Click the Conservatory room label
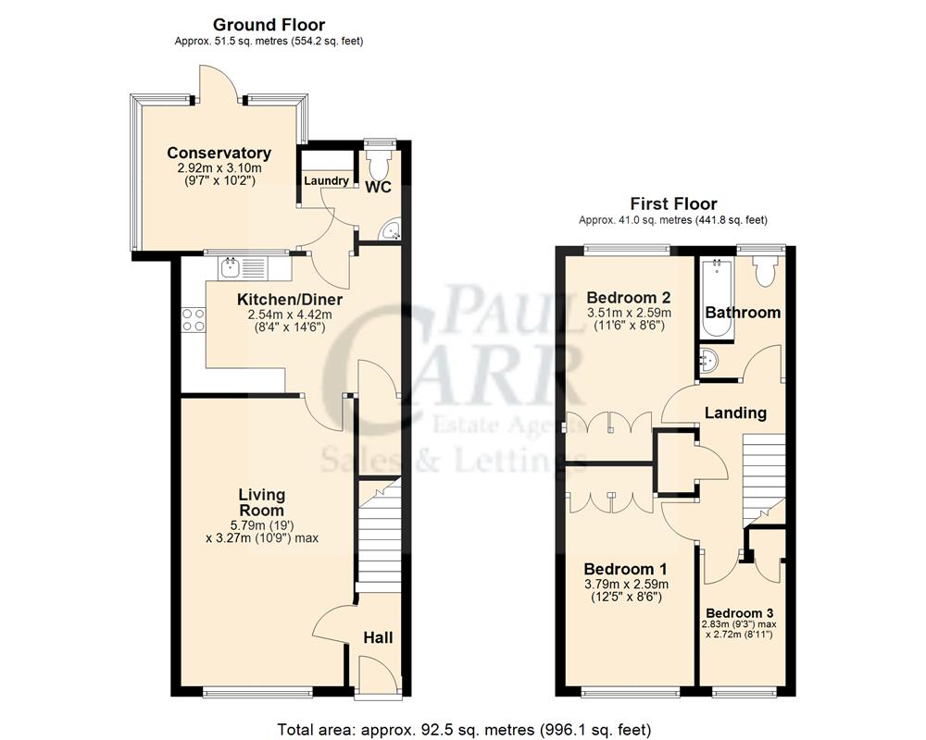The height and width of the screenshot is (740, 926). (219, 154)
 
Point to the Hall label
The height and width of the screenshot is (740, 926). (378, 637)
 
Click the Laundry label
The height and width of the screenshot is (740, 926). (326, 180)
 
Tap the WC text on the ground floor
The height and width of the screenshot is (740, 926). (378, 188)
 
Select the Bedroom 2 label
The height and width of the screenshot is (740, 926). (629, 297)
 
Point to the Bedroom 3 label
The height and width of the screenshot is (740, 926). (740, 612)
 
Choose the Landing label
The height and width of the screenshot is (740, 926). (736, 413)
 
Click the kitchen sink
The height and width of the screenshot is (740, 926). (230, 267)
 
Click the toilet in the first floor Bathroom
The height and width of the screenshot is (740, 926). (765, 269)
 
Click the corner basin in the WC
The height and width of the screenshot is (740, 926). (393, 230)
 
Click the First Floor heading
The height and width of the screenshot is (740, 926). (673, 204)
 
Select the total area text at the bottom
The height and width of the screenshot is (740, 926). (464, 728)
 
